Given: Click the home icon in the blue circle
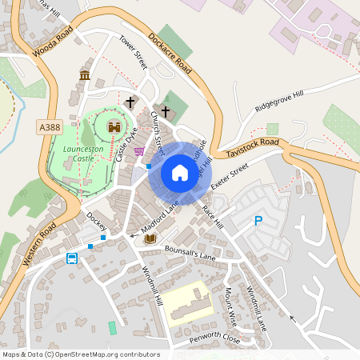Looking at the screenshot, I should tap(179, 173).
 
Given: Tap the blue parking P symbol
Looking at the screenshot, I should tap(258, 220).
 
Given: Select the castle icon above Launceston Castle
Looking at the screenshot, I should tap(114, 127).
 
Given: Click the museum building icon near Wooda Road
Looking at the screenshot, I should tap(84, 75).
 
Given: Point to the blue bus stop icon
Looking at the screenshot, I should tap(72, 258).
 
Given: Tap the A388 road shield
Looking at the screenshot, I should tap(48, 126).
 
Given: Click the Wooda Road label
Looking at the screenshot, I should tap(53, 40).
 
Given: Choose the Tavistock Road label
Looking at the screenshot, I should tap(253, 147).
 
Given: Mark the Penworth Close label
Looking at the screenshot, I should tap(214, 338).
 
